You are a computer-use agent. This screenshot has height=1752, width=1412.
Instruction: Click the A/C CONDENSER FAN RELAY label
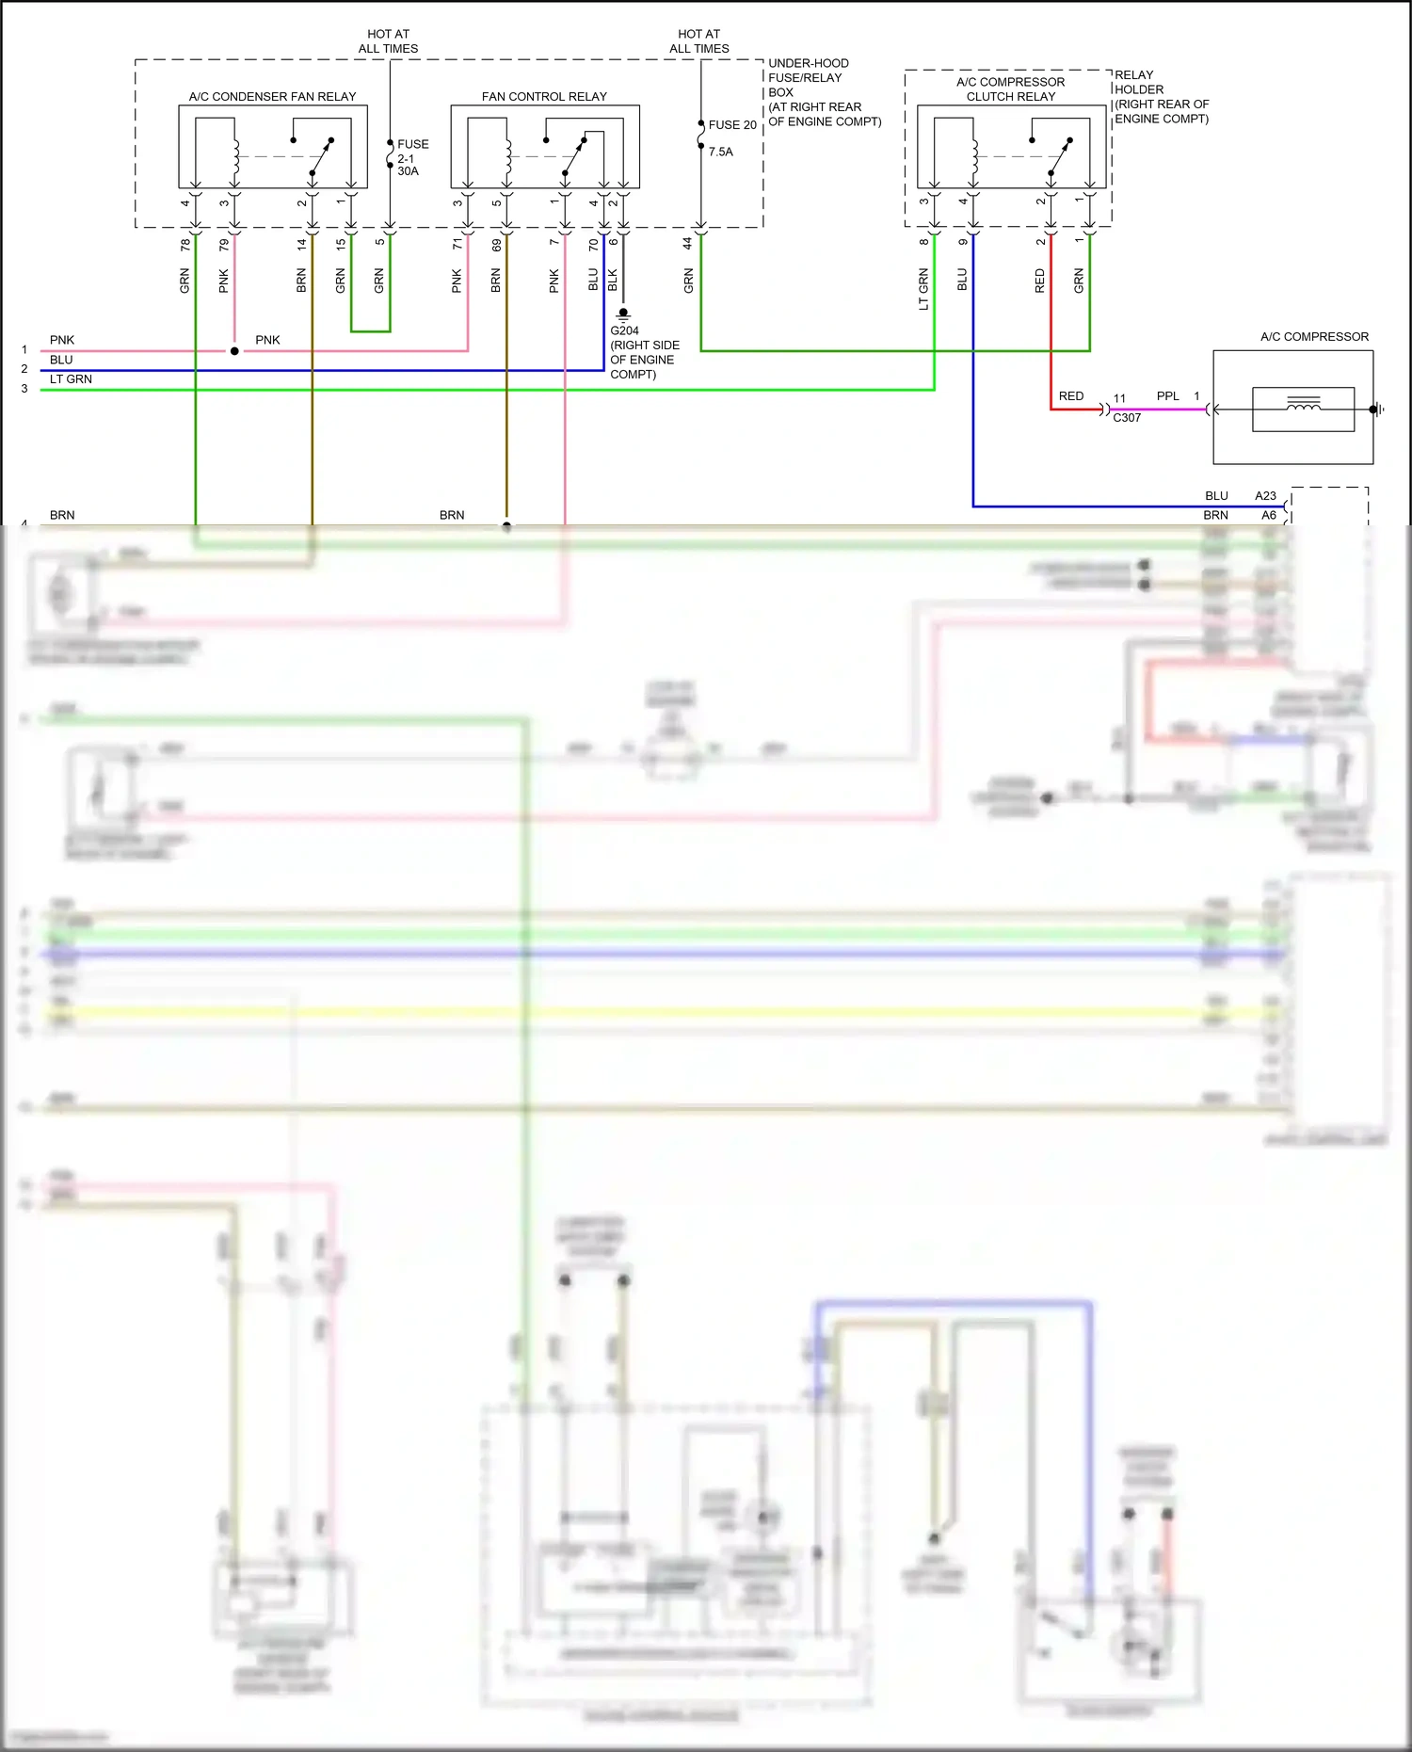(x=272, y=97)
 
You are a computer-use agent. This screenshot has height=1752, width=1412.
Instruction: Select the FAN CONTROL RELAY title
(x=544, y=97)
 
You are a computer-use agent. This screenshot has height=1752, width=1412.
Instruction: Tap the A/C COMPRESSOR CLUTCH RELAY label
(x=1010, y=89)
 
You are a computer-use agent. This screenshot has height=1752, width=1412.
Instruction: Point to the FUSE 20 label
(x=732, y=125)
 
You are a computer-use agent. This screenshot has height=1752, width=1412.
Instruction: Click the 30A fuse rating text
(x=408, y=171)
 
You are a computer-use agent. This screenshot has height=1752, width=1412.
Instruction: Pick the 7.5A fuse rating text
(x=720, y=152)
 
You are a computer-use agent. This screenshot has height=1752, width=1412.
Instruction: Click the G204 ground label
(x=624, y=331)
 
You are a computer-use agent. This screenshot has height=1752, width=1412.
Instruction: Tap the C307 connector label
(x=1127, y=418)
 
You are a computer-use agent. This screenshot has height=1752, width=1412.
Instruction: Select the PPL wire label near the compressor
(x=1167, y=396)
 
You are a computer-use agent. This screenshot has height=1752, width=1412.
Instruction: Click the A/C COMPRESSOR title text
(x=1314, y=337)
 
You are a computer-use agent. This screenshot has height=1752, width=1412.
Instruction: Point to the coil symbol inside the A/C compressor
(x=1303, y=406)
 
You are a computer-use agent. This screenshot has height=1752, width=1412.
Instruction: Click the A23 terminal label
(x=1265, y=496)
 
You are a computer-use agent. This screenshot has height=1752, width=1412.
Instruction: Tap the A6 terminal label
(x=1268, y=516)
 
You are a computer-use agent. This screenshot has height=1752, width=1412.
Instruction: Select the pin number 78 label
(x=185, y=245)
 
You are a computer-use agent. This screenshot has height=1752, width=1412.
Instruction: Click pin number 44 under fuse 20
(x=688, y=243)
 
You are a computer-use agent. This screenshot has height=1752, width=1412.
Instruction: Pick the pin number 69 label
(x=496, y=245)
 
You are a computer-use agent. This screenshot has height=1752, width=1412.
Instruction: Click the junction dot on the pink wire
(x=234, y=351)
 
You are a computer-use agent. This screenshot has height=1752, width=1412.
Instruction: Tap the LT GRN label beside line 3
(x=71, y=379)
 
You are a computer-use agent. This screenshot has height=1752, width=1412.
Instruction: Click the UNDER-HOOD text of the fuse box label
(x=808, y=63)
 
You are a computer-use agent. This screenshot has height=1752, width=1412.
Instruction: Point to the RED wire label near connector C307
(x=1070, y=396)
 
